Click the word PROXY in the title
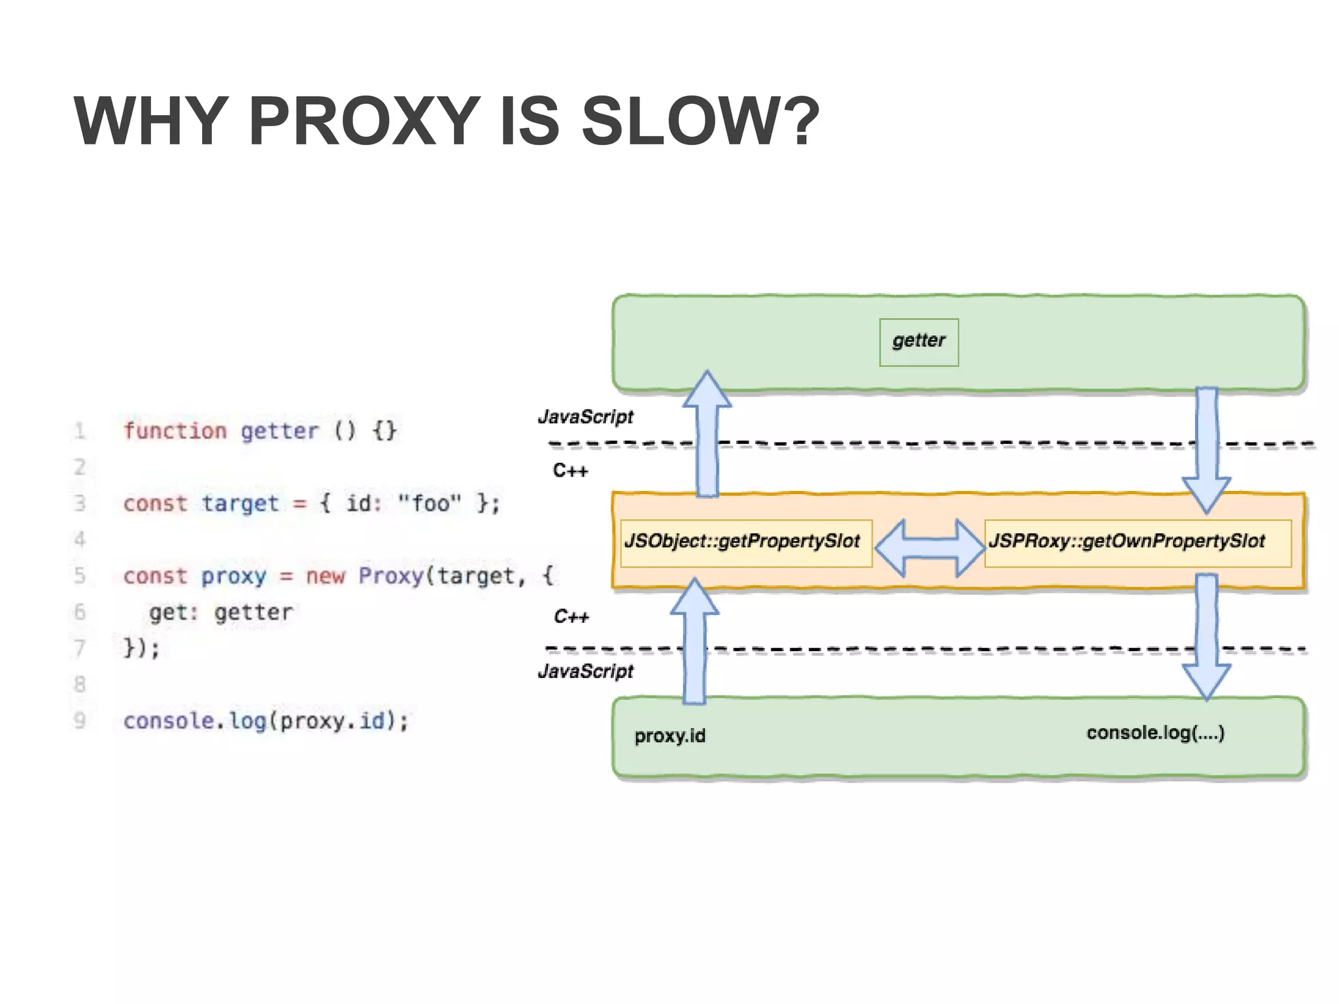click(x=364, y=122)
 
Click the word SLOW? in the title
click(x=700, y=122)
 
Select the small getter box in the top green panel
click(x=919, y=342)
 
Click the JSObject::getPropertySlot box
click(x=745, y=543)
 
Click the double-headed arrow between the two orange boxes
click(x=929, y=548)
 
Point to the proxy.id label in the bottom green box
click(x=669, y=736)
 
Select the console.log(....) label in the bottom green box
click(x=1155, y=733)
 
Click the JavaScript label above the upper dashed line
click(x=585, y=416)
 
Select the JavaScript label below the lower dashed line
click(x=585, y=671)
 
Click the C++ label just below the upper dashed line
click(x=570, y=471)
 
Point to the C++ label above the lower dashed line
click(x=571, y=616)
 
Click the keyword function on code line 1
click(x=175, y=431)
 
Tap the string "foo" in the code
click(x=430, y=503)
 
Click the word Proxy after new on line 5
click(x=391, y=577)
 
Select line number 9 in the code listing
click(x=80, y=720)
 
